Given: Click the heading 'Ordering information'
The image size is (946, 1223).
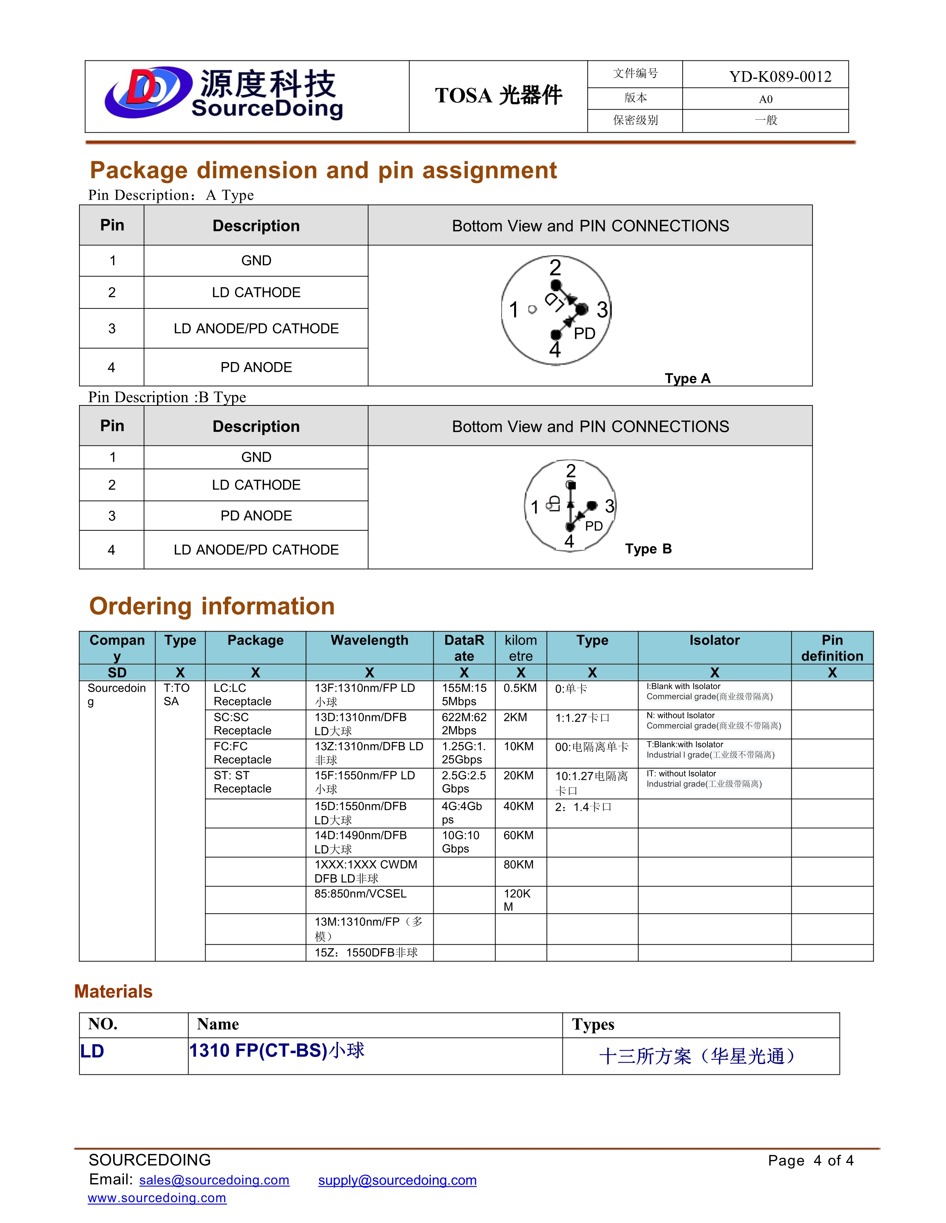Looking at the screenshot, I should pyautogui.click(x=212, y=606).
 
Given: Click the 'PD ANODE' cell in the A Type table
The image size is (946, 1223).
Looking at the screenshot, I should pyautogui.click(x=256, y=367).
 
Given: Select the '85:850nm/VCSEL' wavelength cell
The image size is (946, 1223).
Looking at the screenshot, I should pyautogui.click(x=360, y=894).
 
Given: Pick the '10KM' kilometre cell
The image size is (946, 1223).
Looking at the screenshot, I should pyautogui.click(x=518, y=746).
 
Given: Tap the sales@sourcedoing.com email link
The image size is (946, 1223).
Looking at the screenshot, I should pyautogui.click(x=214, y=1180).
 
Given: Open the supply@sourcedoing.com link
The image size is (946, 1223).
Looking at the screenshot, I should pyautogui.click(x=397, y=1180).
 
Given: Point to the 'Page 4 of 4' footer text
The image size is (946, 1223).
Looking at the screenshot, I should pyautogui.click(x=810, y=1160).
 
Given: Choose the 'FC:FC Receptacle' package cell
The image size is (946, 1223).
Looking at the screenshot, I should pyautogui.click(x=242, y=753).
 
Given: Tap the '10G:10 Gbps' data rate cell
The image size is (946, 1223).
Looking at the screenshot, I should pyautogui.click(x=460, y=842).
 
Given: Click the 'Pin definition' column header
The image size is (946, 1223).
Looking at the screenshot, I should pyautogui.click(x=832, y=648).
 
